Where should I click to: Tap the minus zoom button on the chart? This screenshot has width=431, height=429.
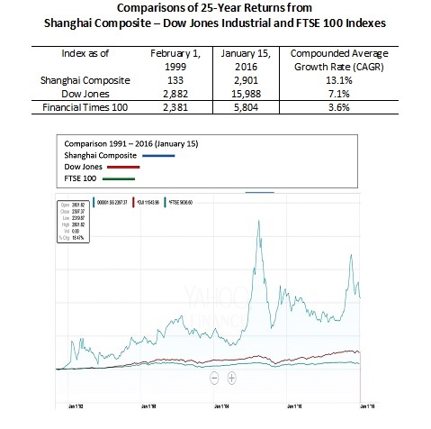(214, 378)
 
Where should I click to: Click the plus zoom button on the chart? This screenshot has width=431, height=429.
(231, 378)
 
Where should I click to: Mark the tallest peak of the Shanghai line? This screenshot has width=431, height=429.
(260, 220)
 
